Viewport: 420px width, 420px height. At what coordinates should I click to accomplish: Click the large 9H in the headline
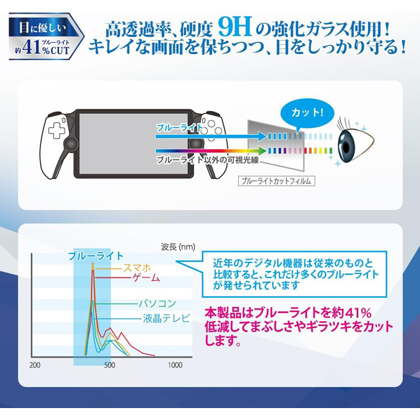click(x=235, y=28)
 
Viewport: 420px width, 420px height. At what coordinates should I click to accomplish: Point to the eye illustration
click(x=354, y=141)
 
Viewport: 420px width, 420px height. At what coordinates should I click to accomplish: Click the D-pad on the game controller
click(x=56, y=131)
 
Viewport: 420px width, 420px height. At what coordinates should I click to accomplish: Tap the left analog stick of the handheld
click(x=71, y=144)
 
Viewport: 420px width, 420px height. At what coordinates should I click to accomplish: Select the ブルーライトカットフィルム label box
click(x=277, y=181)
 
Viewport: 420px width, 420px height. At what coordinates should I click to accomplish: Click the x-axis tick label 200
click(x=35, y=365)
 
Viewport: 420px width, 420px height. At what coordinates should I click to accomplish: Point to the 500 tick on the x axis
click(x=110, y=365)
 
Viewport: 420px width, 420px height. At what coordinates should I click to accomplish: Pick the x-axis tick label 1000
click(x=175, y=365)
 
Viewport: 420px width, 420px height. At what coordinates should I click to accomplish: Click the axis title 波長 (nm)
click(x=178, y=247)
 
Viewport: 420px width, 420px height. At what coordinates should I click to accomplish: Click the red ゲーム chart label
click(x=146, y=277)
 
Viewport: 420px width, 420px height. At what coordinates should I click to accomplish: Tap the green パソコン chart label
click(x=157, y=303)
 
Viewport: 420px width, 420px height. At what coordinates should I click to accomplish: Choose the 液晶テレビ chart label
click(x=166, y=318)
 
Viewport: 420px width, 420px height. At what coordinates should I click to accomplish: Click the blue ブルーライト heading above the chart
click(x=96, y=256)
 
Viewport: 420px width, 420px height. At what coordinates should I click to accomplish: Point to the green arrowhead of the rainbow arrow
click(x=262, y=151)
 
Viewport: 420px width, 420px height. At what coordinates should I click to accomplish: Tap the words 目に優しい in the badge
click(x=42, y=28)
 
